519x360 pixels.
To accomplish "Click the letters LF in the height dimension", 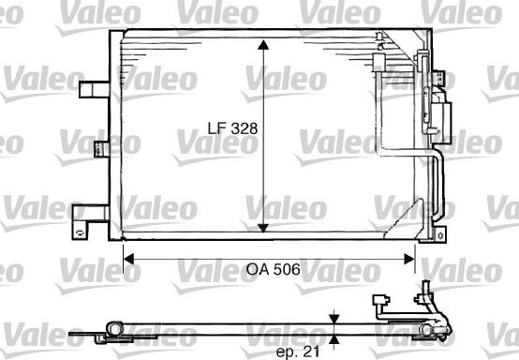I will tap(217, 127).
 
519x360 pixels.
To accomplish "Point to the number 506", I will tap(287, 269).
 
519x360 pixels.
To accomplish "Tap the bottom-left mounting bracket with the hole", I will tap(88, 215).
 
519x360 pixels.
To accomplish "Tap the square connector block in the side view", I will tap(381, 303).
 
